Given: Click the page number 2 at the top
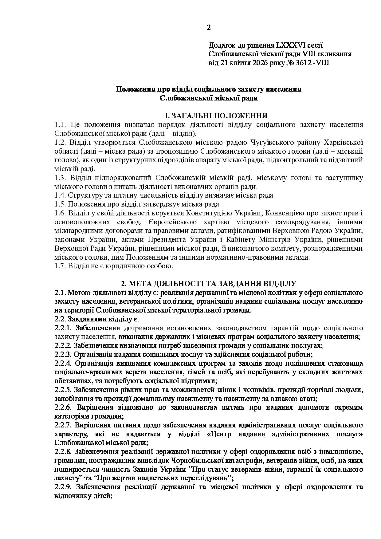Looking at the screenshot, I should pyautogui.click(x=209, y=28).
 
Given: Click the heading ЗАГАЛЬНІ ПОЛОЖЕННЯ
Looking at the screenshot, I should pyautogui.click(x=219, y=116).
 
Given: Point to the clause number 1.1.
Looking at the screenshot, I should pyautogui.click(x=61, y=125).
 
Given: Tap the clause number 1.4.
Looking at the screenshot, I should pyautogui.click(x=60, y=195).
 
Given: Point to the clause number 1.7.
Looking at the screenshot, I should pyautogui.click(x=60, y=266).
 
